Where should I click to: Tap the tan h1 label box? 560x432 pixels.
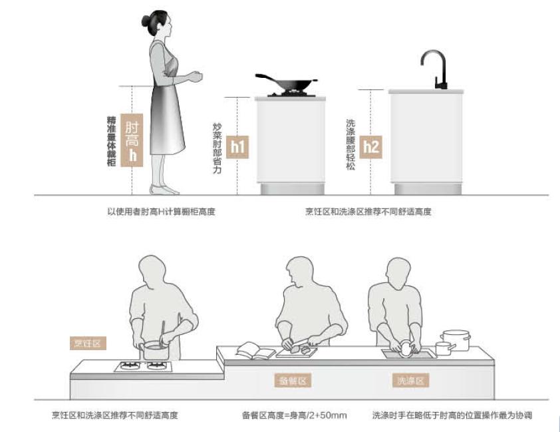pyautogui.click(x=237, y=147)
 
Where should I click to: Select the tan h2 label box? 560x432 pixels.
pyautogui.click(x=370, y=147)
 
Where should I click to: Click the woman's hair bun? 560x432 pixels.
pyautogui.click(x=146, y=21)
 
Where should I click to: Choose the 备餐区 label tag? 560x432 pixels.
pyautogui.click(x=293, y=381)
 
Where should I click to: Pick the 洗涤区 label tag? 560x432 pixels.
pyautogui.click(x=410, y=381)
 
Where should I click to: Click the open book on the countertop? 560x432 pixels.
pyautogui.click(x=255, y=350)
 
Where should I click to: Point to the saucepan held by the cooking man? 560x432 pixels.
pyautogui.click(x=154, y=347)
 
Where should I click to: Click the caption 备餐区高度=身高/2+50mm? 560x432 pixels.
pyautogui.click(x=294, y=415)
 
